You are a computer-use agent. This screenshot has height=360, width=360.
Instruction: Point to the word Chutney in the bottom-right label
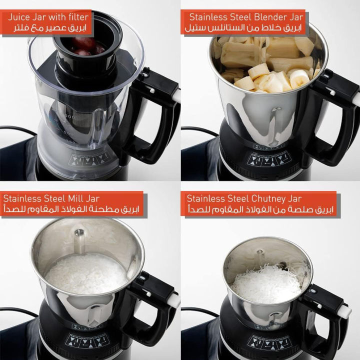click(271, 198)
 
